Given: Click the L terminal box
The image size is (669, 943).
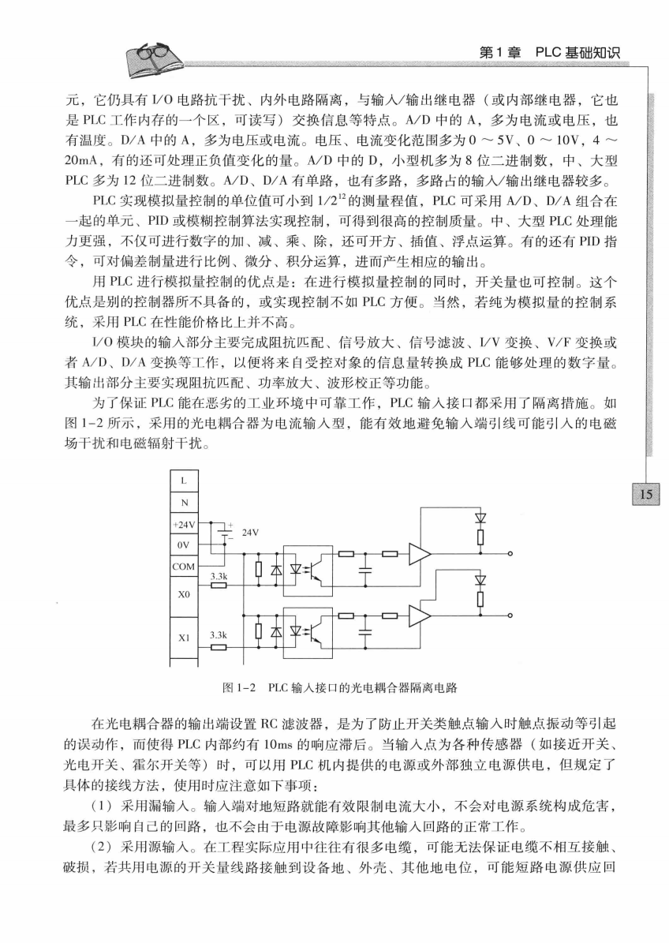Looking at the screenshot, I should (x=184, y=480).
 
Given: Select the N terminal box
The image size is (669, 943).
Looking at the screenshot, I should (x=184, y=501).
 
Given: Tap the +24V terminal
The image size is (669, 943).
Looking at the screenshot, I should (x=184, y=524).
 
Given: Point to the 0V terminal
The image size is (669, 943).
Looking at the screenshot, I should (x=184, y=544).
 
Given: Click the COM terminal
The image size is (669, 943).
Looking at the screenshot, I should (x=184, y=566).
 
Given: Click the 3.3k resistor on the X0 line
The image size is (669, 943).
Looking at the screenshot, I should (x=219, y=586).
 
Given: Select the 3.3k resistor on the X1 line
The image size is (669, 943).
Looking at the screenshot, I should (x=219, y=646).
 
